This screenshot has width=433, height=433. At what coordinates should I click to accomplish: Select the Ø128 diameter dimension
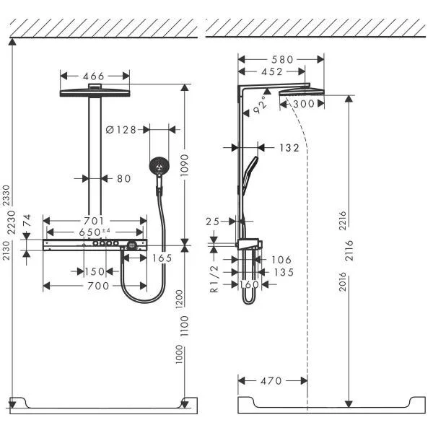click(x=121, y=130)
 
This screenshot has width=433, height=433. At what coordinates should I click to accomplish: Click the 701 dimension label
click(x=93, y=221)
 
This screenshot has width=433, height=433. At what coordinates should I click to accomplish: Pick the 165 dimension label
click(x=162, y=257)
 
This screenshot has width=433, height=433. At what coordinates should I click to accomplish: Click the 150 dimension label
click(x=93, y=271)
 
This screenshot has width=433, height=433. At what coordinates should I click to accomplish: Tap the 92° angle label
click(x=261, y=107)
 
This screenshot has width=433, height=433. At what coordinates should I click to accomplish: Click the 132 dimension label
click(x=289, y=147)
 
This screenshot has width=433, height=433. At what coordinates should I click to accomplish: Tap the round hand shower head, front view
click(x=158, y=167)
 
